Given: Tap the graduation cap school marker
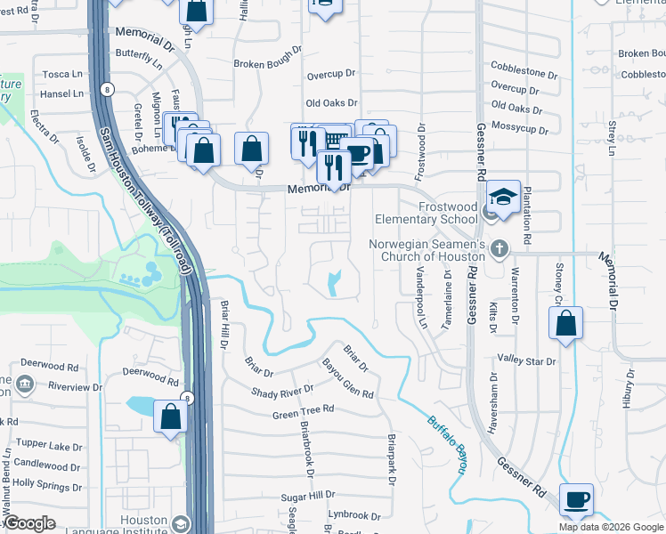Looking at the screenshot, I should (x=503, y=197).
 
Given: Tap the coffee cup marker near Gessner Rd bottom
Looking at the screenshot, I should (x=576, y=499).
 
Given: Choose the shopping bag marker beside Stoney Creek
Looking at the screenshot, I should (x=565, y=325).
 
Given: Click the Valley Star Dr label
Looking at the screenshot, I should (x=527, y=361).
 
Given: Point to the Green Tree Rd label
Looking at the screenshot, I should (x=303, y=412).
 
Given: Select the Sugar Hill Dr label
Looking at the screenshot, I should (x=307, y=494).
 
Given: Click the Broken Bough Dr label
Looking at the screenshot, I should (x=270, y=64).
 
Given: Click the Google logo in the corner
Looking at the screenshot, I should (x=29, y=523).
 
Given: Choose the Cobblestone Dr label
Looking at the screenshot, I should (x=524, y=67).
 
